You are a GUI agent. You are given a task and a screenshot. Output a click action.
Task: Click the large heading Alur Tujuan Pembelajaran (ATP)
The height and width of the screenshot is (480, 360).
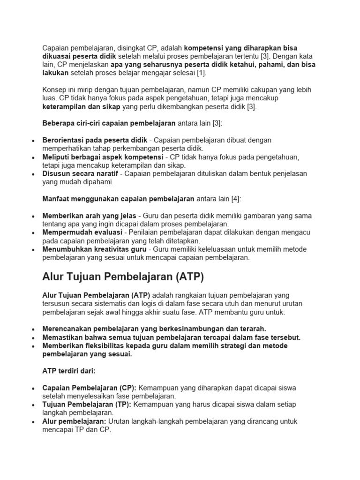(x=123, y=277)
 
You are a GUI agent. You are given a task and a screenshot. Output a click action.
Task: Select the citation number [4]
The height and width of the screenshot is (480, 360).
(x=235, y=199)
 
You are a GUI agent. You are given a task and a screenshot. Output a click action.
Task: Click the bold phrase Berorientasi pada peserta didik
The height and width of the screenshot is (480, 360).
(x=95, y=140)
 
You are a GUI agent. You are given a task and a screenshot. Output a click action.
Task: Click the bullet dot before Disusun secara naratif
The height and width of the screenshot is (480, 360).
(x=31, y=174)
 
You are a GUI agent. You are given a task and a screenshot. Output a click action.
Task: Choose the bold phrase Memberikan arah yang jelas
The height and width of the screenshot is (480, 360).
(x=89, y=216)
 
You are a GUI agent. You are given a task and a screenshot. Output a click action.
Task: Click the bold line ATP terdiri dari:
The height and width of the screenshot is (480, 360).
(x=69, y=371)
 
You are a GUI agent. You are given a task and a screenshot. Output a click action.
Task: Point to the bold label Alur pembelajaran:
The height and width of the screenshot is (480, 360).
(x=74, y=421)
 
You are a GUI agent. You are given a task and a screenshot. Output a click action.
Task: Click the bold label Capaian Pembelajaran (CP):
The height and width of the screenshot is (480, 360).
(x=89, y=388)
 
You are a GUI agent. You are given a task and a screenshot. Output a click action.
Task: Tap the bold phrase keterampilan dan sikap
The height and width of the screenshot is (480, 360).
(x=81, y=107)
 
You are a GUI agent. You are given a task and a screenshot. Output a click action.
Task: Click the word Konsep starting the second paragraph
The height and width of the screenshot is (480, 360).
(x=55, y=90)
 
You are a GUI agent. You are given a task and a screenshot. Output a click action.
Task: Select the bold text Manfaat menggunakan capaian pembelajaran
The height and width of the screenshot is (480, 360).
(x=118, y=199)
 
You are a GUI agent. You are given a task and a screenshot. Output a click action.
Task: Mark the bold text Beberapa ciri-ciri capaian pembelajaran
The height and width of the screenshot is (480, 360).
(x=109, y=123)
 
